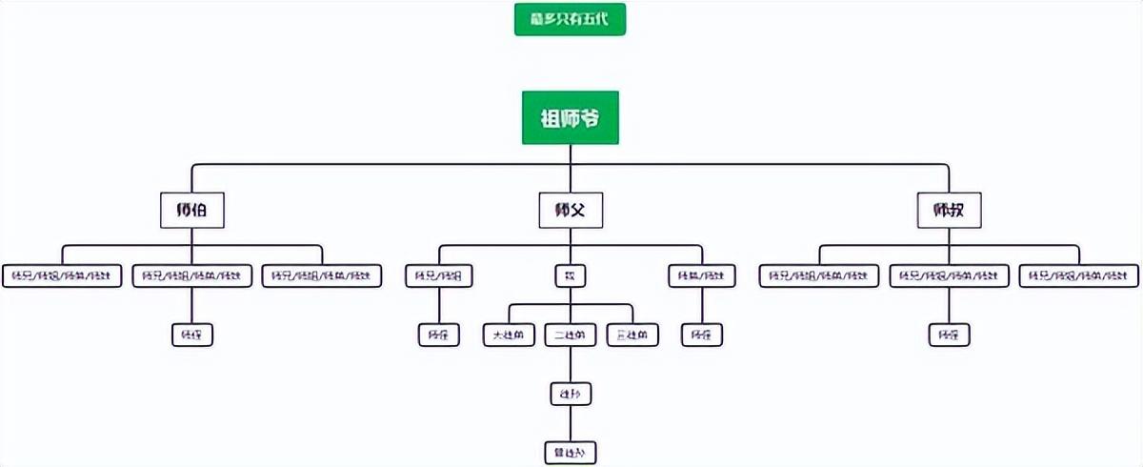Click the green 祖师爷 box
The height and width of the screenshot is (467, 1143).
point(570,118)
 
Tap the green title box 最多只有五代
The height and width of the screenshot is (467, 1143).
point(570,19)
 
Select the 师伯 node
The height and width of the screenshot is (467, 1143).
point(191,211)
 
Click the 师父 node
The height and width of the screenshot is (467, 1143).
point(570,211)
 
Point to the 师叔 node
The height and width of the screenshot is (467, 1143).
point(949,211)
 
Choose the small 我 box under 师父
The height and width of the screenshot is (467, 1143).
point(570,276)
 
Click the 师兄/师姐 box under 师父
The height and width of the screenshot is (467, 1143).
point(439,276)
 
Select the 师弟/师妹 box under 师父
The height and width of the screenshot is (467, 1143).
point(702,276)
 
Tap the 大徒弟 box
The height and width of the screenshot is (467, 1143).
point(509,335)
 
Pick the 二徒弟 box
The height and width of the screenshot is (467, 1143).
point(570,335)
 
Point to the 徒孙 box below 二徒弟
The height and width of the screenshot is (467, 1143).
point(570,394)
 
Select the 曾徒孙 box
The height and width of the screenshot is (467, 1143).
point(570,452)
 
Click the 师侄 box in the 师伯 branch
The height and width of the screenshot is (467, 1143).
point(191,335)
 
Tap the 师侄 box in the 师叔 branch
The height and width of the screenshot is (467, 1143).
point(949,335)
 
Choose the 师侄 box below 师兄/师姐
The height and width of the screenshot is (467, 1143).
point(439,335)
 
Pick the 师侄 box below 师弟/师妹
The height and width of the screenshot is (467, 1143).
point(702,335)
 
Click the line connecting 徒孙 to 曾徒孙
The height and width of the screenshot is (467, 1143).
point(570,423)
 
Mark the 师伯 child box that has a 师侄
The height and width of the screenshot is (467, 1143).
point(191,276)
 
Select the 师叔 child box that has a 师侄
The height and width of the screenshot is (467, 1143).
point(949,276)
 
